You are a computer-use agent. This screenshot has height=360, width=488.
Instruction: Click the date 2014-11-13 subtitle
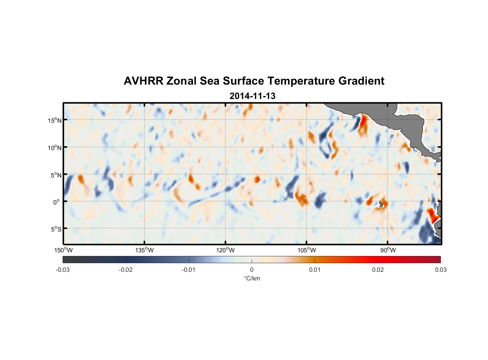click(252, 96)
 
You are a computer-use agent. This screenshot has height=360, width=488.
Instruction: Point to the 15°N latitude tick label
click(54, 120)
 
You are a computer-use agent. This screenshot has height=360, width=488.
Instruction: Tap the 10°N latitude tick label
click(54, 148)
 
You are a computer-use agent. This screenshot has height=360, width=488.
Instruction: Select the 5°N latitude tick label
click(56, 175)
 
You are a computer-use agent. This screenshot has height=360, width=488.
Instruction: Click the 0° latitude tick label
click(57, 202)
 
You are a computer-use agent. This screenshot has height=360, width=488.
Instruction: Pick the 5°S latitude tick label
click(56, 229)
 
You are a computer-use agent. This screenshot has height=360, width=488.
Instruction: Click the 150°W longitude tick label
click(63, 250)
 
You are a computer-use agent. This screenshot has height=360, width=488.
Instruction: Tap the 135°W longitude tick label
click(144, 250)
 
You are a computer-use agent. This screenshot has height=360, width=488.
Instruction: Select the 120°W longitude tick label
click(225, 250)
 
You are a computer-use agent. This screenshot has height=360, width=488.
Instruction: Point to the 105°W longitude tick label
click(307, 250)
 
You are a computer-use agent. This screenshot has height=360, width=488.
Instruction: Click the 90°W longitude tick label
click(388, 250)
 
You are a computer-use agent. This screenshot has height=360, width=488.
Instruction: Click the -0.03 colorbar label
click(63, 270)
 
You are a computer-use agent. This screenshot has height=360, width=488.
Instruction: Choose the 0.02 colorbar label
click(378, 270)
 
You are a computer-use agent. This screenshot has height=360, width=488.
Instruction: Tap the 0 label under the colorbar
click(252, 270)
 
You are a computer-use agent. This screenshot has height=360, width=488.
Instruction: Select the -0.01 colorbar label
click(189, 270)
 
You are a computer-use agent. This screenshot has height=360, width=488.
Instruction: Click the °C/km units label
click(252, 278)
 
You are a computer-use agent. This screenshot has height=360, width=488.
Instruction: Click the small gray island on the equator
click(381, 204)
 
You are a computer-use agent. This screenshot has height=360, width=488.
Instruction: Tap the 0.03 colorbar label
click(440, 270)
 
